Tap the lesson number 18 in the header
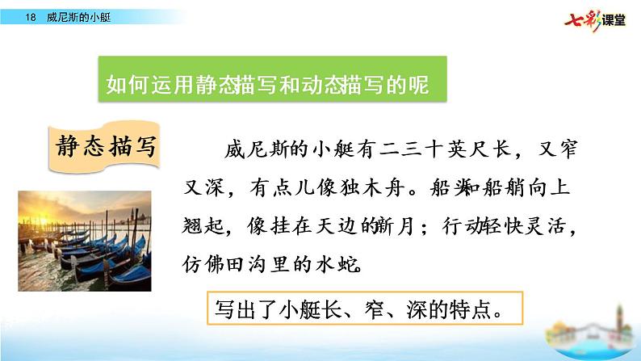coord(31,16)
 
